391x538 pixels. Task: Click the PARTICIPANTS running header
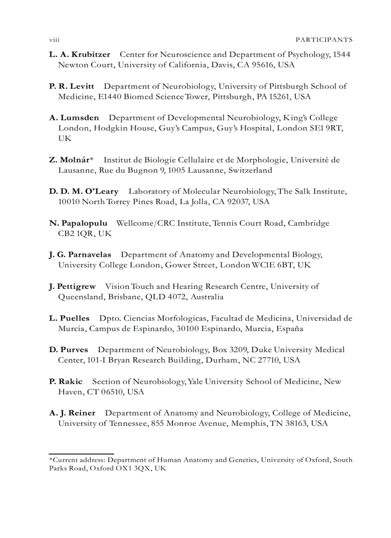coord(324,40)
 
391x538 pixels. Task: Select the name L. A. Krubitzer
coord(80,55)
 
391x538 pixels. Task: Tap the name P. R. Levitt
coord(71,86)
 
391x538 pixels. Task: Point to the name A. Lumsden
coord(74,117)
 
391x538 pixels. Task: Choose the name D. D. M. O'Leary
coord(84,191)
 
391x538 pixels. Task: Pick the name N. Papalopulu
coord(78,223)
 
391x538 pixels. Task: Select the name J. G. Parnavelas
coord(80,254)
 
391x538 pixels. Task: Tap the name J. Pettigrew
coord(72,286)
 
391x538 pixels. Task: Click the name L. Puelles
coord(69,318)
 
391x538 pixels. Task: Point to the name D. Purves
coord(69,350)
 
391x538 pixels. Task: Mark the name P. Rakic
coord(66,381)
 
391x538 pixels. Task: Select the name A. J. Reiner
coord(72,412)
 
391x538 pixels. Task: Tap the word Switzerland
coord(250,170)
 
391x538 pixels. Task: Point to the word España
coord(289,329)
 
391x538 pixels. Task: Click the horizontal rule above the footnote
coord(81,453)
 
